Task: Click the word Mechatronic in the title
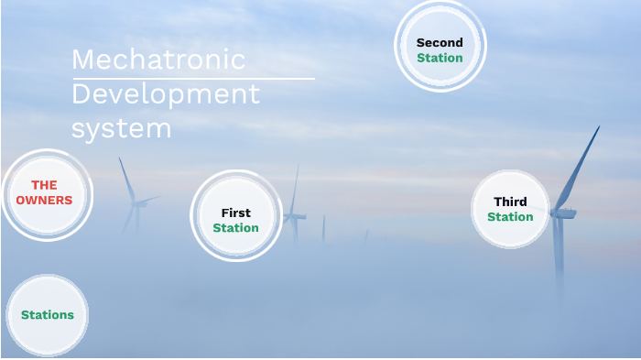click(x=158, y=60)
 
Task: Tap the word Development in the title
click(x=166, y=93)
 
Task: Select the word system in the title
click(x=122, y=128)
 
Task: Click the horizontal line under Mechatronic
click(x=192, y=79)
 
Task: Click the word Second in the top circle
click(x=440, y=42)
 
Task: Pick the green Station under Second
click(x=440, y=58)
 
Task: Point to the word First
click(x=235, y=213)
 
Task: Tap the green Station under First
click(x=235, y=228)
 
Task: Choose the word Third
click(x=510, y=202)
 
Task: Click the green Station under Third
click(x=510, y=217)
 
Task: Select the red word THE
click(x=44, y=185)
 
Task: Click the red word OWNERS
click(x=44, y=200)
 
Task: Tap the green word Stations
click(x=48, y=315)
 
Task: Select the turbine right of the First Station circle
click(x=294, y=215)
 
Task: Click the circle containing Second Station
click(x=440, y=46)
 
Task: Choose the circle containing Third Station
click(x=510, y=210)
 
